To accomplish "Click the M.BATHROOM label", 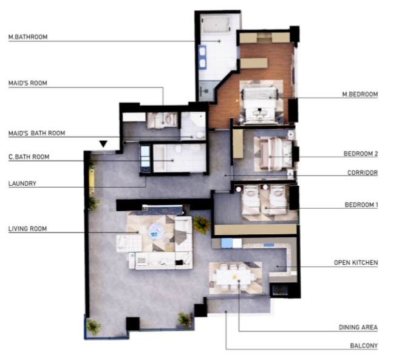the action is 28,37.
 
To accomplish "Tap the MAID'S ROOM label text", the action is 28,83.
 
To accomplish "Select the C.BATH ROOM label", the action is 29,157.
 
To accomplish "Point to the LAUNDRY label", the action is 22,183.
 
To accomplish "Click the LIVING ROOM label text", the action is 28,229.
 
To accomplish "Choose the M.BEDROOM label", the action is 360,94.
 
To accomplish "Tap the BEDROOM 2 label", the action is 361,154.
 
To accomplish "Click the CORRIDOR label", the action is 363,173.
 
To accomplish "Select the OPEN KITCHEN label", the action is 356,262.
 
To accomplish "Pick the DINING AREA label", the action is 358,327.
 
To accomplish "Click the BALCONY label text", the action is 364,346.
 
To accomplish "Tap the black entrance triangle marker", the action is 103,143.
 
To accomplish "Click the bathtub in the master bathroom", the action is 216,24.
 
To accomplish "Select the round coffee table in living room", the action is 156,231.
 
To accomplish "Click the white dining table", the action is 233,277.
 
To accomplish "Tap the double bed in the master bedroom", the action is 260,105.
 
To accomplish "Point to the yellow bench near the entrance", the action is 92,182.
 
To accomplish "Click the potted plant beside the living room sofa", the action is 201,225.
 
